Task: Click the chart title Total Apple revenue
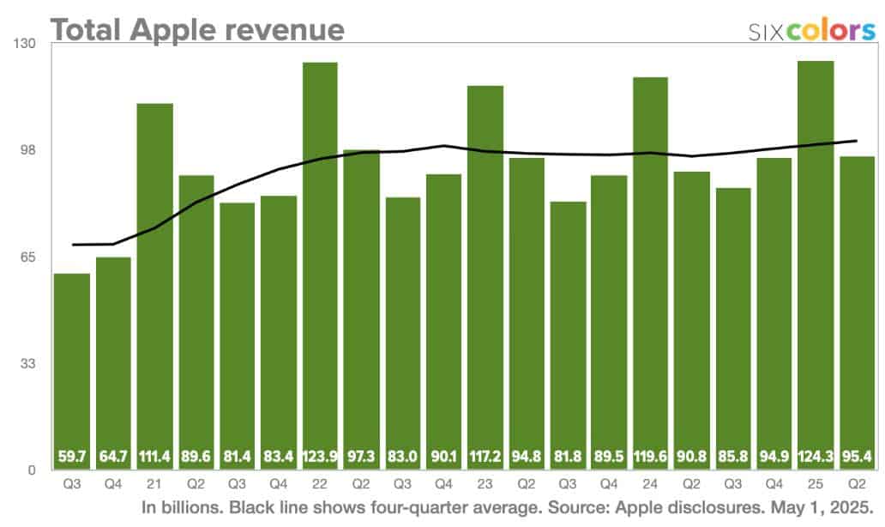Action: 197,28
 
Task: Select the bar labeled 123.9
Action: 320,266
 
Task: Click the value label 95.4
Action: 856,455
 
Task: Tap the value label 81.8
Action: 568,455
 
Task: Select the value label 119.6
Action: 650,455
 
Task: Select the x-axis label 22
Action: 320,483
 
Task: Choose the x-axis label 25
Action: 815,483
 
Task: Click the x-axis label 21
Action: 154,483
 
